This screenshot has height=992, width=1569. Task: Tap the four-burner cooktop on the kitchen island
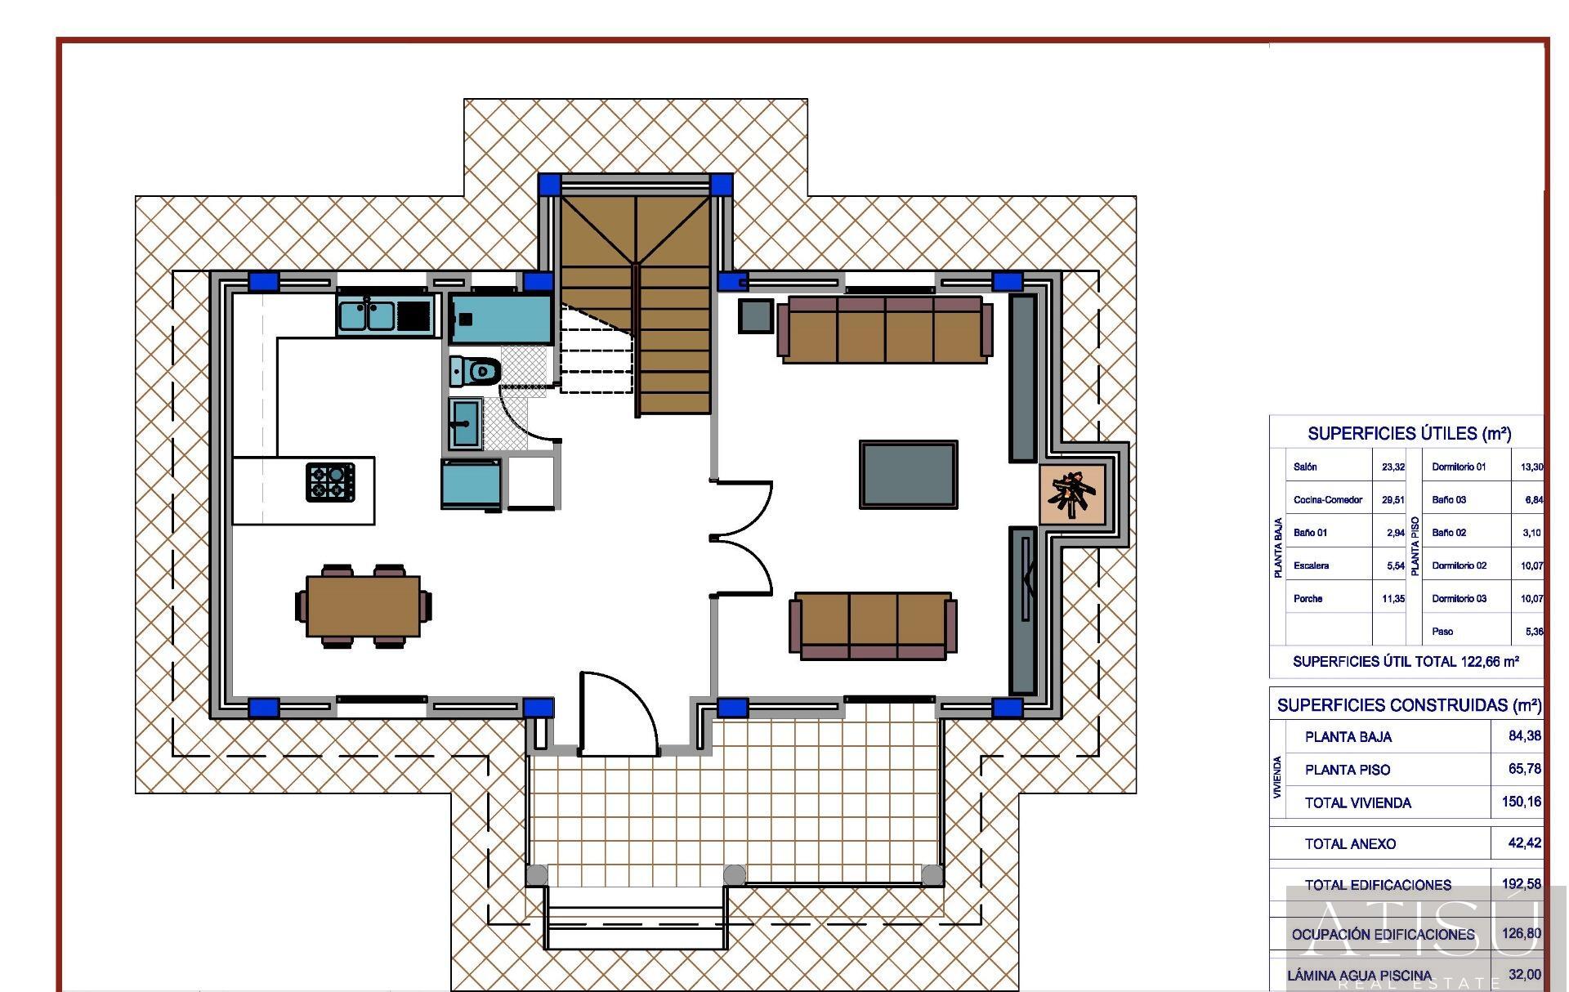click(330, 481)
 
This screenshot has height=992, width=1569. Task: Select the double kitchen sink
click(368, 315)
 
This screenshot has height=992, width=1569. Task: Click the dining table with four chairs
click(363, 605)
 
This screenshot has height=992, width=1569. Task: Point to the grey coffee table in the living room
click(908, 475)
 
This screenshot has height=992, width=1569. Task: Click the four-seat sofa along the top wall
click(884, 329)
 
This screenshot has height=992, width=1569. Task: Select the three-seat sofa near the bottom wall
click(873, 626)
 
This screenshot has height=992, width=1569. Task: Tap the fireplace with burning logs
click(1072, 494)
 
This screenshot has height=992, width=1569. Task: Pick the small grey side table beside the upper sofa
click(755, 316)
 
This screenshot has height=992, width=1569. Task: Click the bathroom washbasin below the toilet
click(465, 423)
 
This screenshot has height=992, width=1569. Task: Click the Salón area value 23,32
click(1392, 467)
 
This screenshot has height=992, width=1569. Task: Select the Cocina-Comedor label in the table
click(1327, 500)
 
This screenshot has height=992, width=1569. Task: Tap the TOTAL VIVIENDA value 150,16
click(1521, 802)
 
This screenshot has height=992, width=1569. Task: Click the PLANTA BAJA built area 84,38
click(1524, 736)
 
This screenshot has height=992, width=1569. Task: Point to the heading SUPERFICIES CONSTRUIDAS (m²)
click(1409, 705)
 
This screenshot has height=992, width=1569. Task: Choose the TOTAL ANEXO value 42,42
click(1523, 843)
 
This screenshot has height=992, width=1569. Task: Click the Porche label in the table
click(1307, 599)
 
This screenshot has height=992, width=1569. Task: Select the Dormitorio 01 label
click(1458, 467)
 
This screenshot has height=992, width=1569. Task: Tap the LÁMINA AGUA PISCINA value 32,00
click(1524, 975)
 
